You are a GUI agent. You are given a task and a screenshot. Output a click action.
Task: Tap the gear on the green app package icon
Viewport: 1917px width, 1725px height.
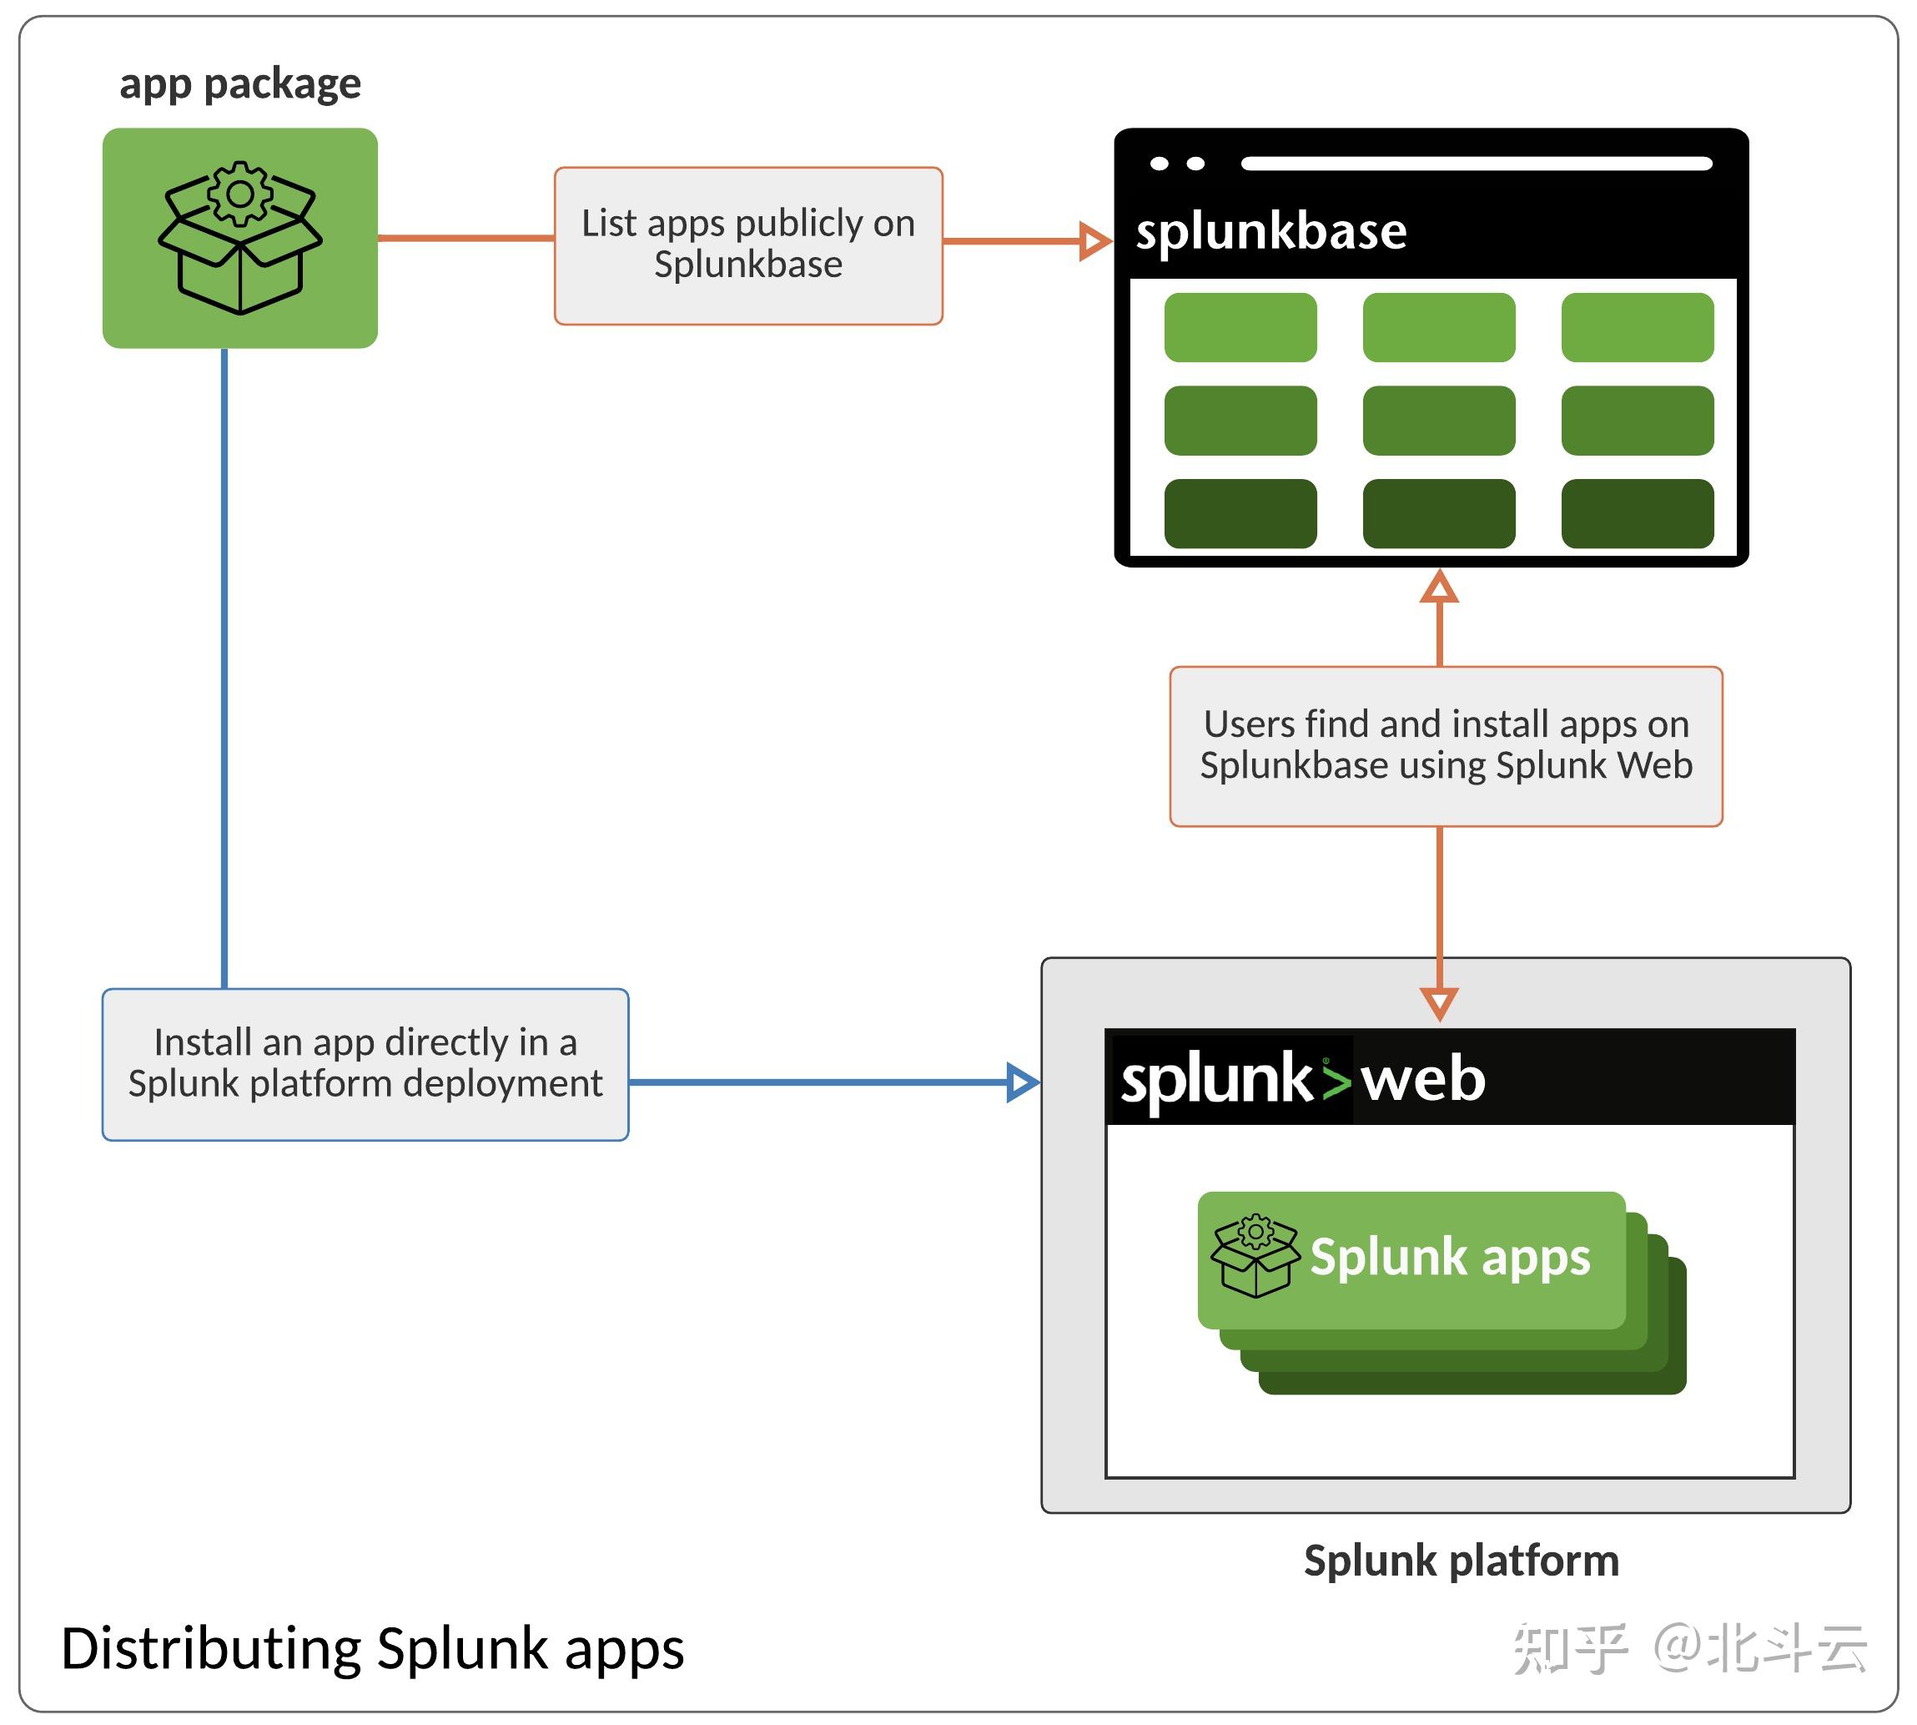coord(239,194)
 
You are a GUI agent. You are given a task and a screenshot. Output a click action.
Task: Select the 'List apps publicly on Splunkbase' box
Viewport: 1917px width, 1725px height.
coord(747,245)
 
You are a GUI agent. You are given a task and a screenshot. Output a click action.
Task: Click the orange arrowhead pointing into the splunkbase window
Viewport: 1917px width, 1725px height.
coord(1095,240)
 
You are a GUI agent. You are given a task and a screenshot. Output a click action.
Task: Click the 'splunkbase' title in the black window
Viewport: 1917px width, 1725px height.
coord(1270,230)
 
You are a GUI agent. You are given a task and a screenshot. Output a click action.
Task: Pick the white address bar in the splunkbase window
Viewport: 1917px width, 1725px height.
coord(1477,163)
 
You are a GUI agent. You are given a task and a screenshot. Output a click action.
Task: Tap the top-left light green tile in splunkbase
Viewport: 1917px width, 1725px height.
coord(1240,327)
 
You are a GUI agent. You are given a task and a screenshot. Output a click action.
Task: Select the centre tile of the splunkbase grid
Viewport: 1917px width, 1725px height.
coord(1438,420)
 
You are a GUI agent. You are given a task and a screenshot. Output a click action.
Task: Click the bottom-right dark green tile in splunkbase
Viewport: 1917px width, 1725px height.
coord(1638,512)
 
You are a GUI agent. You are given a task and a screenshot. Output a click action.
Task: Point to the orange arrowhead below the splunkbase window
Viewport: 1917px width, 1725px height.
coord(1439,587)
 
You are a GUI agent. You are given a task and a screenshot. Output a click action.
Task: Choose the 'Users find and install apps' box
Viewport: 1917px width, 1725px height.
coord(1446,746)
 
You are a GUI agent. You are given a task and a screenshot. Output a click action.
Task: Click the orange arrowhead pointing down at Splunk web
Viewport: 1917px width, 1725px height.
coord(1439,1004)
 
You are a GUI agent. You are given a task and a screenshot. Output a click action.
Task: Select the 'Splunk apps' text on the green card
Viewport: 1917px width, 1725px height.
coord(1450,1258)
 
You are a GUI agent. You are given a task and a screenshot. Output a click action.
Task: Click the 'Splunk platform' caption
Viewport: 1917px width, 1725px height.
coord(1462,1561)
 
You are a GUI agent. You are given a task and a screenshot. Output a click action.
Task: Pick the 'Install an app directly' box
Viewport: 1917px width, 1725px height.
coord(365,1064)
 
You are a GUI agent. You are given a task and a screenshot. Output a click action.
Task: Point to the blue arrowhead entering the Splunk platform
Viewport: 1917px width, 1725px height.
coord(1024,1082)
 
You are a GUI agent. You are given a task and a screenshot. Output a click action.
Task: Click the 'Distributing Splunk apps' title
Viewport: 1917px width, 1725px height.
coord(372,1648)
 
